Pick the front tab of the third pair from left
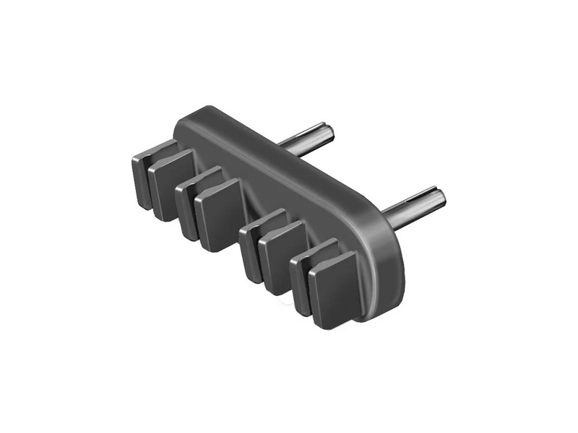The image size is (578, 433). click(x=282, y=255)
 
